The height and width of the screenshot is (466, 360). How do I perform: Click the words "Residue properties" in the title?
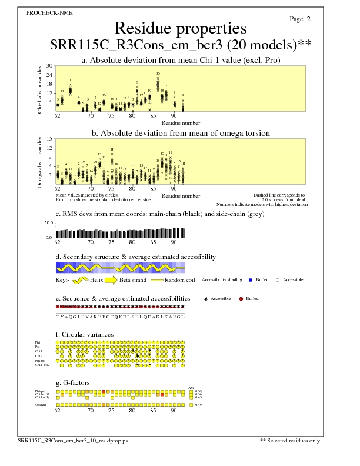coord(180,28)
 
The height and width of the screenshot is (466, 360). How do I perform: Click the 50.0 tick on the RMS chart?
coord(48,224)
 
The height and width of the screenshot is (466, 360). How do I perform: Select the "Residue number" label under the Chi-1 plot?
coord(181,123)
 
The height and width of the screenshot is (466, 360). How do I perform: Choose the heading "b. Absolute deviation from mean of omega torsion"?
coord(180,134)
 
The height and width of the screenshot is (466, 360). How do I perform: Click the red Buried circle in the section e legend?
coord(241,299)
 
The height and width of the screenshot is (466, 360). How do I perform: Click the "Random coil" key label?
coord(178,280)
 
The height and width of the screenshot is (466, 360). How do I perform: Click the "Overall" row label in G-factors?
coord(41,405)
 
